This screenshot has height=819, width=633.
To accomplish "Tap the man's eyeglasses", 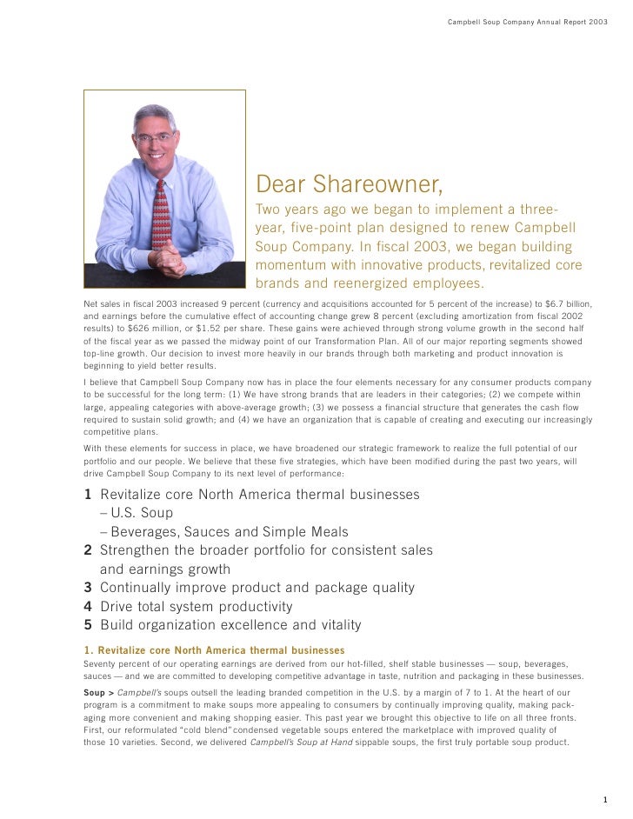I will tap(155, 137).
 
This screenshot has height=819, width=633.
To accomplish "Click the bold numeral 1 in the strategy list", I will tap(88, 495).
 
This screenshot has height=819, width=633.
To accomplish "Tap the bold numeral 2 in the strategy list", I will tap(88, 550).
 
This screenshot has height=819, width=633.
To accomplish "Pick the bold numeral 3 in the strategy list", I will tap(88, 588).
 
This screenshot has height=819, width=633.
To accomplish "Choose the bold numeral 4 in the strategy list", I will tap(88, 607).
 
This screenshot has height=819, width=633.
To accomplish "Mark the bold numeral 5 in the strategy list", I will tap(88, 625).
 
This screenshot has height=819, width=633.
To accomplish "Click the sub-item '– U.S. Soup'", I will tap(137, 513).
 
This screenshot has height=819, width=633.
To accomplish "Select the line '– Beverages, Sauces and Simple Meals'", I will tap(224, 532).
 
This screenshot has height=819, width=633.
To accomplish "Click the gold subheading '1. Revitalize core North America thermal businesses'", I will tap(214, 650).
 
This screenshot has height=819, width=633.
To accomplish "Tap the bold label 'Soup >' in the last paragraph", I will tap(98, 692).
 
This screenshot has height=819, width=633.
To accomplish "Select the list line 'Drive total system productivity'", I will tap(197, 607).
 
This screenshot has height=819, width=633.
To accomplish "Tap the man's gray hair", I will tap(155, 116).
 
